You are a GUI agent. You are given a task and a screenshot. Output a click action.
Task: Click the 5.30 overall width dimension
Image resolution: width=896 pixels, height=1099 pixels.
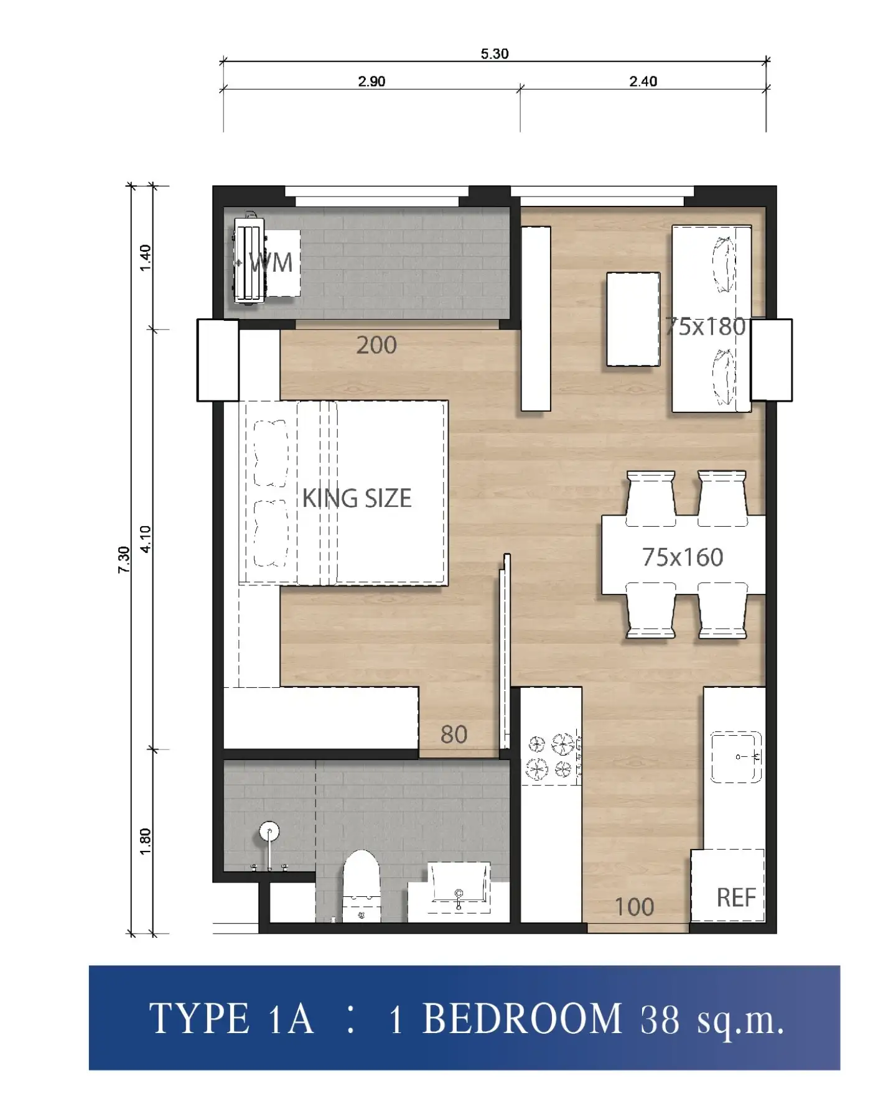pos(495,54)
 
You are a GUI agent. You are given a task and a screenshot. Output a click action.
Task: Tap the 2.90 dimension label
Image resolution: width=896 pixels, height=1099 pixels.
pos(371,81)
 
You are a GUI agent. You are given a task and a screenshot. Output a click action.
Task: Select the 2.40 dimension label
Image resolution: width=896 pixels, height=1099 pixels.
pos(643,81)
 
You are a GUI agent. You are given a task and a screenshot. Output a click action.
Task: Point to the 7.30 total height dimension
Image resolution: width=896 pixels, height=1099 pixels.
pos(124,559)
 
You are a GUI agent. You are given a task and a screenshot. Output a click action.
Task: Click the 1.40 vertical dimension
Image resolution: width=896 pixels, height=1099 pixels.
pos(145,257)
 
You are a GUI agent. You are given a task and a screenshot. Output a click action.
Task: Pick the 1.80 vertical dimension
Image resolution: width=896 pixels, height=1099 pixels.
pos(145,842)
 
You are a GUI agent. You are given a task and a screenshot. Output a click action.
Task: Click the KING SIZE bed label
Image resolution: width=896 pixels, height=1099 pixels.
pos(357,498)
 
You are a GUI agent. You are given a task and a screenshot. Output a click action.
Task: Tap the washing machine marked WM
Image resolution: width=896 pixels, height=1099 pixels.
pos(250,261)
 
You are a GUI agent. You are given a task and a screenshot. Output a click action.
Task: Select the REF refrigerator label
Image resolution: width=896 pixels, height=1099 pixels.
pos(736,897)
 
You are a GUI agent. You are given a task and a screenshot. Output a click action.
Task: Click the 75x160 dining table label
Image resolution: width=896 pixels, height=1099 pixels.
pos(683,557)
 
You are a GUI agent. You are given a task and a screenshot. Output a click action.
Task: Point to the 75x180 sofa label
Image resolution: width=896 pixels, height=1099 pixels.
pos(705,327)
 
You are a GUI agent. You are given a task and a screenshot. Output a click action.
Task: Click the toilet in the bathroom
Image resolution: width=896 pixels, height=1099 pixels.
pos(362,886)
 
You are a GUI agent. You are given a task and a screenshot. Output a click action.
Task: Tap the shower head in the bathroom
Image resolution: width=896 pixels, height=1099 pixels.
pos(269,832)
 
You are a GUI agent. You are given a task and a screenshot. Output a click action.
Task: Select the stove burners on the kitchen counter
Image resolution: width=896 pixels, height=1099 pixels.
pos(551,756)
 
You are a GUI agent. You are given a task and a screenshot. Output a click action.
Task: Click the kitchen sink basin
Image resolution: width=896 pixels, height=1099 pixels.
pos(737,757)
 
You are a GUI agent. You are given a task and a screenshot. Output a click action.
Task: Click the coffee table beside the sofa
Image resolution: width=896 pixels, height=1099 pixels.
pos(633,319)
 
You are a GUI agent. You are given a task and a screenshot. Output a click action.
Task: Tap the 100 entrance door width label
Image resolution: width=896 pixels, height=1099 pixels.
pos(634,907)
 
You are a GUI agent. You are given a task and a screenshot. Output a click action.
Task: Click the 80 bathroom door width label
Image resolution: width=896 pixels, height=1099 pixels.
pos(454,735)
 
